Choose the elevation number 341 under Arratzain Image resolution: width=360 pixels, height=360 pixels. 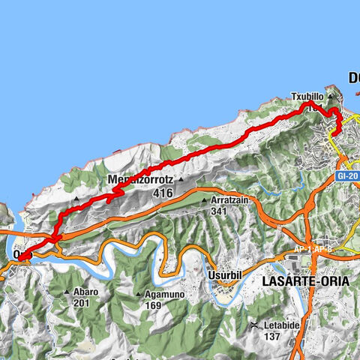coord(219,211)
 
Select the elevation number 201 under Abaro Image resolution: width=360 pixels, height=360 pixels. coord(82,303)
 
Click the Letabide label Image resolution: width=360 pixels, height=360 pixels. coord(281,325)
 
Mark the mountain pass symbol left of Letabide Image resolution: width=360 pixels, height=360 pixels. coord(255,325)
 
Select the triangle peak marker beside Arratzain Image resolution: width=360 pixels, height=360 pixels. coord(204,200)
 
